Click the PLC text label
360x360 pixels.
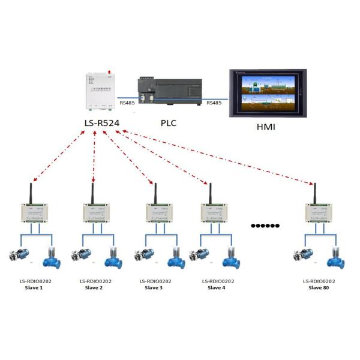(x=169, y=123)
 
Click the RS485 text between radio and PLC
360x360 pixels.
(x=127, y=103)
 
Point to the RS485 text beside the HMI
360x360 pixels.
(x=214, y=103)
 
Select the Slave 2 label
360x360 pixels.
(x=94, y=288)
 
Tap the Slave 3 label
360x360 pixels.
(x=155, y=288)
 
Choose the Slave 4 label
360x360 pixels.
(x=217, y=288)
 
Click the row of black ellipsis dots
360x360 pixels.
(x=265, y=226)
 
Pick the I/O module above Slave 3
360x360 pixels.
(x=160, y=212)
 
